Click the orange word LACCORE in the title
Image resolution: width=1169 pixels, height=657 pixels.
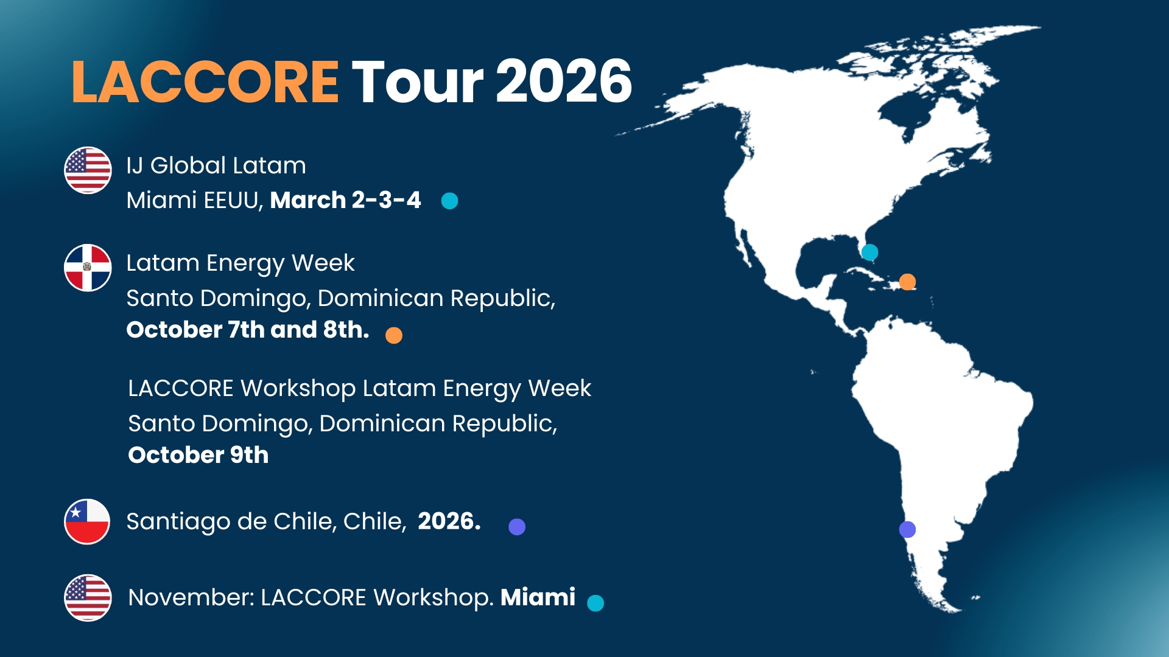point(205,82)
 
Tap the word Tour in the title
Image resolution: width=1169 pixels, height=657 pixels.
point(418,82)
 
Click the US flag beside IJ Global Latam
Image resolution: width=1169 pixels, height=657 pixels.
point(88,170)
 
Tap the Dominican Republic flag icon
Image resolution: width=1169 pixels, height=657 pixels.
point(88,268)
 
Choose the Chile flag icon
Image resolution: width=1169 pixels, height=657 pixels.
point(87,522)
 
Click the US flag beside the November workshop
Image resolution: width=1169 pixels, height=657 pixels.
point(88,597)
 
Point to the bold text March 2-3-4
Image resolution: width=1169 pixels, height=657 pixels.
point(345,200)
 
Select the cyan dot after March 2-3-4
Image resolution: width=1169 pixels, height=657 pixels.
point(449,201)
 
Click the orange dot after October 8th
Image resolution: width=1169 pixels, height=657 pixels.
point(394,335)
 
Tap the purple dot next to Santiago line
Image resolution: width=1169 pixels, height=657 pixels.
point(517,527)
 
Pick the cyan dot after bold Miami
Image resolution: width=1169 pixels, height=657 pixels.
point(595,603)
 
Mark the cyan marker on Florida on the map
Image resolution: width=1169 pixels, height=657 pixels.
point(870,252)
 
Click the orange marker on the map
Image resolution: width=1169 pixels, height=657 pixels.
point(907,282)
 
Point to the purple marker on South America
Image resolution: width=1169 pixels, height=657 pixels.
point(907,529)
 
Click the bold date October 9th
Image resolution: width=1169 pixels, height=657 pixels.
point(198,455)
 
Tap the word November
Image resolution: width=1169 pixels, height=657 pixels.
point(191,597)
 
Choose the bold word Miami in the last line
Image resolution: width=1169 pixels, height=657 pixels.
point(538,597)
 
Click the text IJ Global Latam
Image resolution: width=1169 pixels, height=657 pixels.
point(216,165)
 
